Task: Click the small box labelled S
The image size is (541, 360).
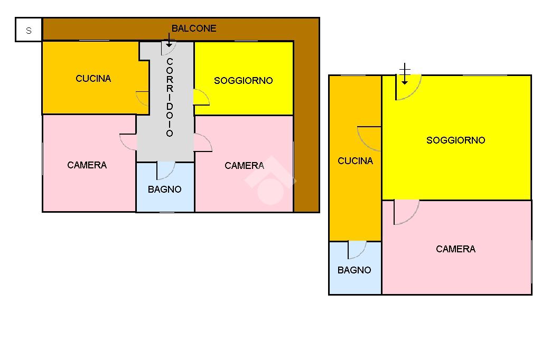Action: click(x=29, y=31)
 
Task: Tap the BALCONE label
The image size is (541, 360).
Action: click(x=194, y=29)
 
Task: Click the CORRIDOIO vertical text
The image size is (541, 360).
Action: click(x=170, y=98)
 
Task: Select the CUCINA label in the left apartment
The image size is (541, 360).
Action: click(x=94, y=79)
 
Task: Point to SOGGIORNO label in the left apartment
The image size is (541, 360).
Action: click(x=244, y=81)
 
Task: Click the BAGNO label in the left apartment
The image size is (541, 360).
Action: click(x=165, y=190)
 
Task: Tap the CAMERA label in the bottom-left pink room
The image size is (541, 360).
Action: click(x=87, y=165)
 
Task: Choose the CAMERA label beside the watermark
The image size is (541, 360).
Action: click(x=244, y=166)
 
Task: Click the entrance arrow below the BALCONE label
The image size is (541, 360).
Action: click(x=169, y=40)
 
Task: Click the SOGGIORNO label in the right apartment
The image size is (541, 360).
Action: click(x=455, y=140)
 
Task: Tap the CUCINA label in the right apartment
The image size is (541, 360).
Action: click(x=355, y=161)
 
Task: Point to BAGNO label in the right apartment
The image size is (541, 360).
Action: click(x=354, y=270)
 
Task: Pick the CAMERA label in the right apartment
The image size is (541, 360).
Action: click(x=455, y=249)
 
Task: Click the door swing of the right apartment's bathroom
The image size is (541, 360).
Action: click(x=357, y=249)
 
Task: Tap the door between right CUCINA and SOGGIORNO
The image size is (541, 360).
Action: click(x=370, y=138)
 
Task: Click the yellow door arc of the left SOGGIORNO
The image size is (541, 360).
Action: click(x=201, y=97)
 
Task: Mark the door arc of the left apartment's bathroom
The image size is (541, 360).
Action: click(x=165, y=170)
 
